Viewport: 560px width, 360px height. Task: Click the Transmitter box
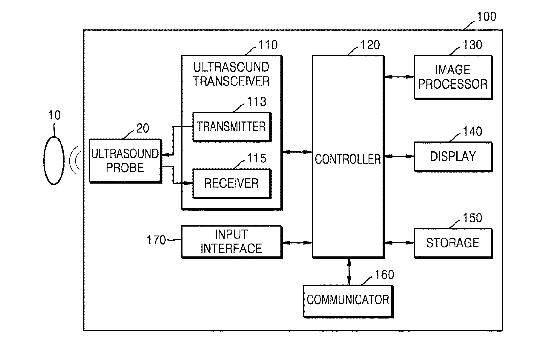coord(232,127)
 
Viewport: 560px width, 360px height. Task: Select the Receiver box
coord(232,184)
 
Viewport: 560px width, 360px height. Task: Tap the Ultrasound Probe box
coord(125,161)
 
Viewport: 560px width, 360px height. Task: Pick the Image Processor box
coord(453,77)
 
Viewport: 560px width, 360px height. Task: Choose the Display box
coord(453,157)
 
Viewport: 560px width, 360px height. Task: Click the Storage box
coord(453,243)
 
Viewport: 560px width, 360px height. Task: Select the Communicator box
coord(348,301)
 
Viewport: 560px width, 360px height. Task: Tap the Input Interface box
coord(232,242)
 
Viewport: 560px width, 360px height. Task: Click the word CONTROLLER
coord(348,159)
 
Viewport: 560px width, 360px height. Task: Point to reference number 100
coord(487,16)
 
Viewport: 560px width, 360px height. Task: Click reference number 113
coord(257,101)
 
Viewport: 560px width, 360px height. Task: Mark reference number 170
coord(156,240)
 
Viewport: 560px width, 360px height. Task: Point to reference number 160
coord(384,275)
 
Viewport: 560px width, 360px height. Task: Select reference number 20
coord(143,128)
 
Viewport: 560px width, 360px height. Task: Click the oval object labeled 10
coord(54,160)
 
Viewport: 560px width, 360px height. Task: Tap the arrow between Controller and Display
coord(399,156)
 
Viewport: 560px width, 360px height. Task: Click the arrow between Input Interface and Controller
coord(297,243)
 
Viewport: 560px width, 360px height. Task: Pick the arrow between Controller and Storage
coord(399,243)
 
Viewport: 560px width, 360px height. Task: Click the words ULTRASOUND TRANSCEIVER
coord(231,74)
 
